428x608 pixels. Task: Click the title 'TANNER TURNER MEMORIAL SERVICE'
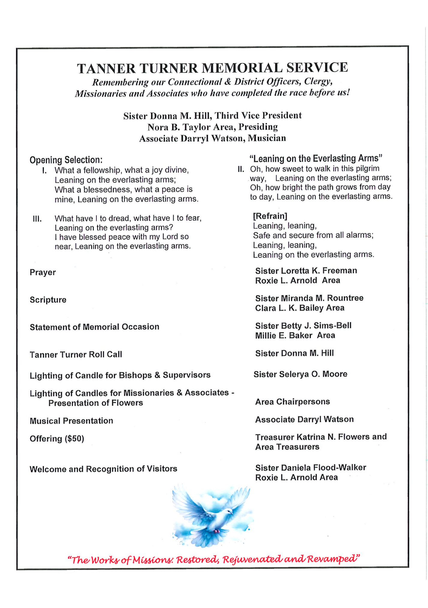click(x=212, y=68)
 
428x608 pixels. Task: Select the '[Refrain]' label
click(x=270, y=216)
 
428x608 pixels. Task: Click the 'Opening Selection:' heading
click(x=66, y=160)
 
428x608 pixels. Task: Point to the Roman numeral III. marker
click(x=37, y=219)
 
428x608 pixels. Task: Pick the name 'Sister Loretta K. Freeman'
click(x=306, y=271)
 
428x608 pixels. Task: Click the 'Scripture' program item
click(x=48, y=300)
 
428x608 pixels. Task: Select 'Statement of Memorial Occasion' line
click(x=94, y=327)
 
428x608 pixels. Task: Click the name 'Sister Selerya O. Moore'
click(x=300, y=374)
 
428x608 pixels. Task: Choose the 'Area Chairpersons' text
click(x=293, y=402)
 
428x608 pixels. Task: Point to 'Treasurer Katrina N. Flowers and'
click(x=321, y=437)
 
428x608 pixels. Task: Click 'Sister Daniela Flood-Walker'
click(x=311, y=468)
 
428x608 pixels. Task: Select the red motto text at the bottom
click(x=213, y=559)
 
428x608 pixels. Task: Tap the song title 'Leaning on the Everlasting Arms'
click(x=316, y=158)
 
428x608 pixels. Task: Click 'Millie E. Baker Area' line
click(x=295, y=335)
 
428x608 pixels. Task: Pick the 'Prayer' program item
click(x=43, y=272)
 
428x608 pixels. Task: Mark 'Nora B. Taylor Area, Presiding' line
click(x=213, y=127)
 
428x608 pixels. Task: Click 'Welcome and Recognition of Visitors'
click(x=103, y=469)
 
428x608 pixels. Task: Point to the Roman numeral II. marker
click(x=241, y=169)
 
